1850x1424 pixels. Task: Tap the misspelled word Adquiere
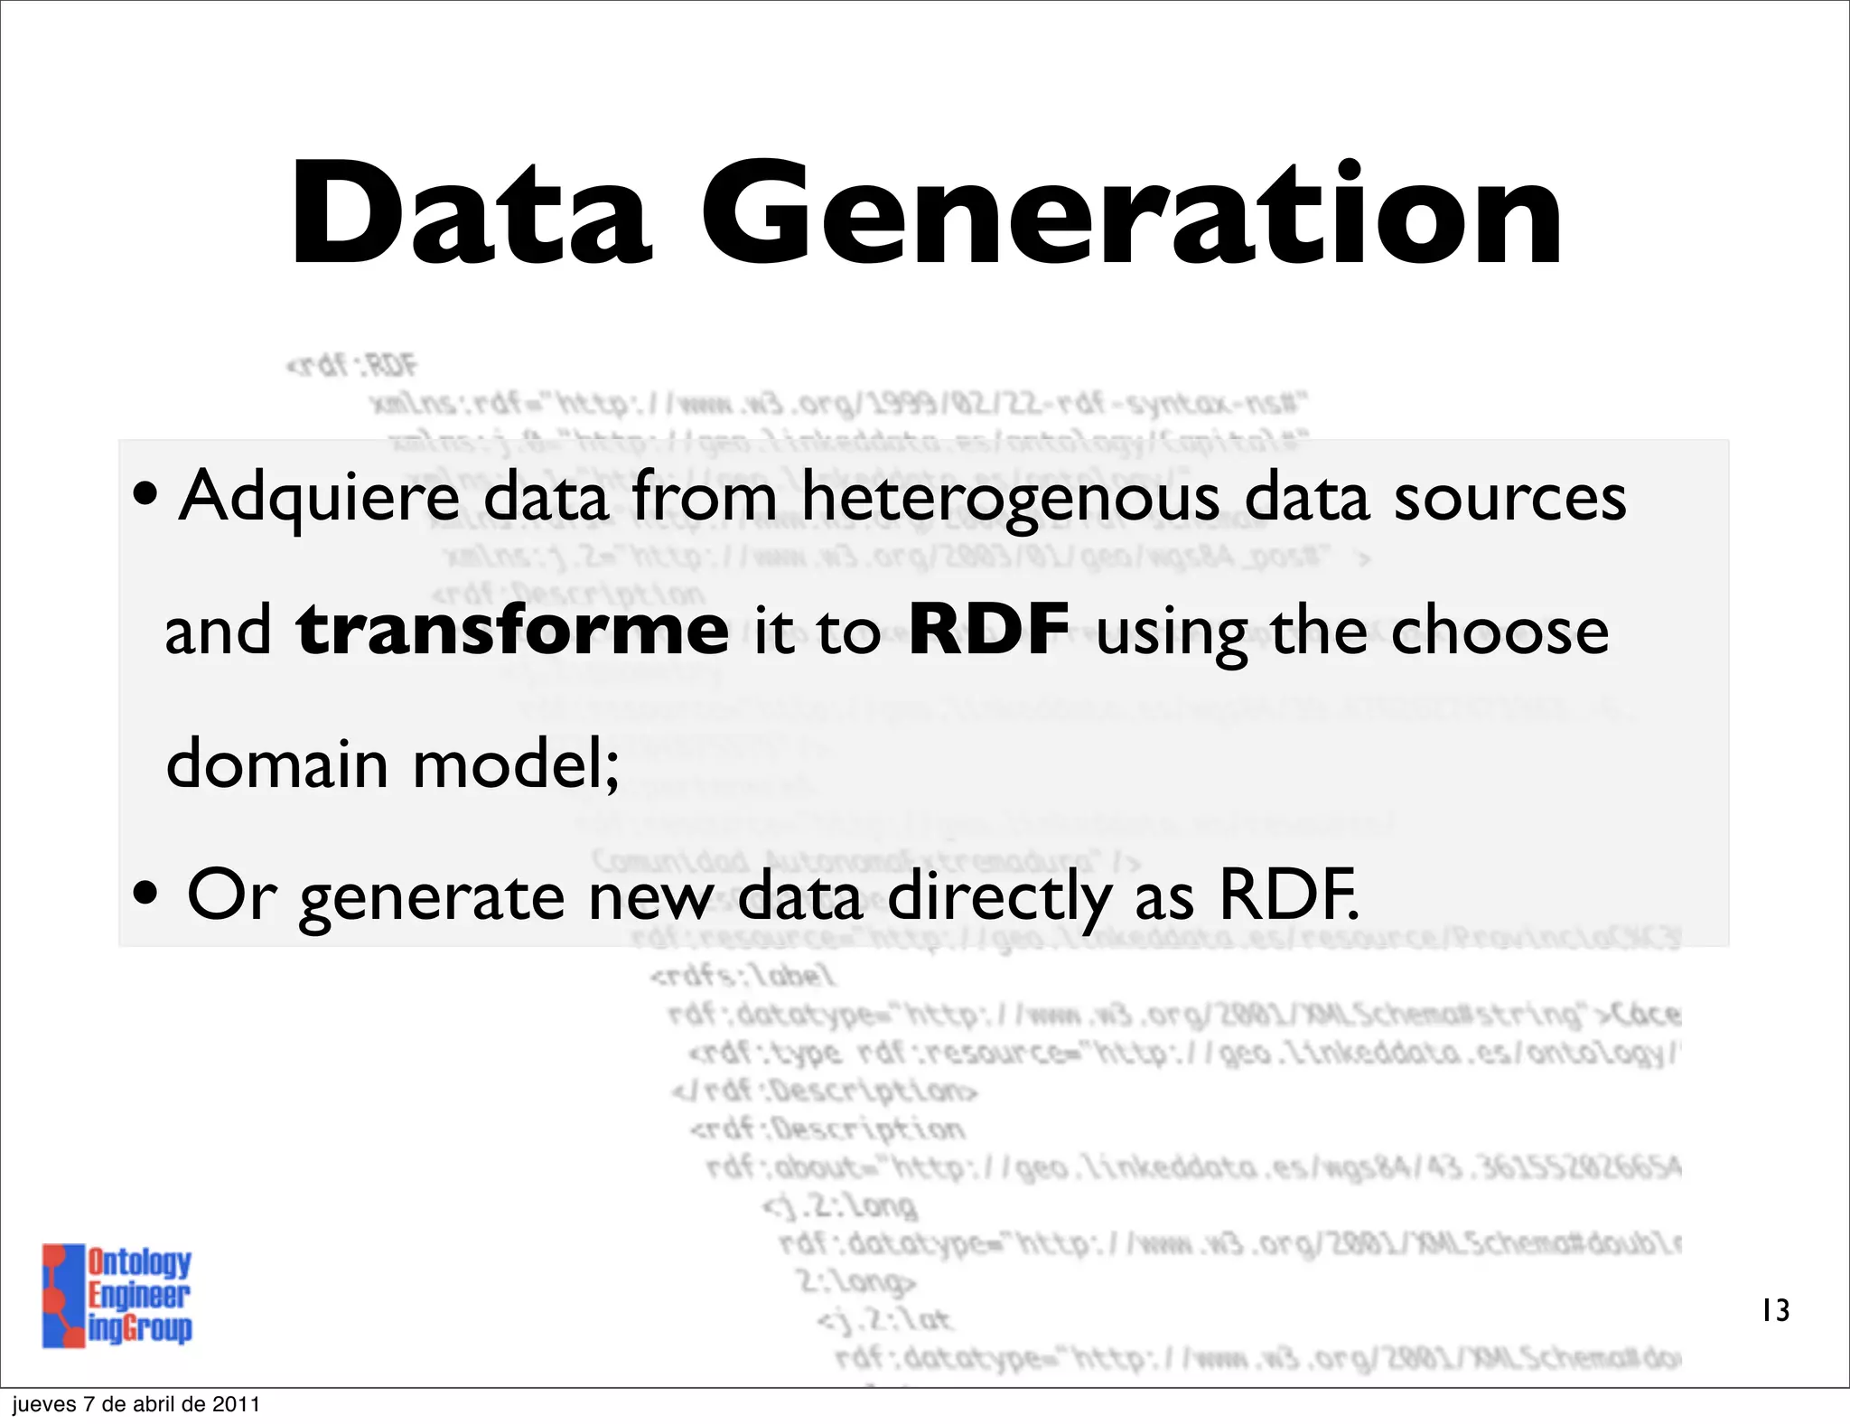319,498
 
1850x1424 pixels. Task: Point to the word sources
1509,498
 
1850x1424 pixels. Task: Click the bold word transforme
512,630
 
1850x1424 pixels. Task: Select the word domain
276,763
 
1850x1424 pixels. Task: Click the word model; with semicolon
516,763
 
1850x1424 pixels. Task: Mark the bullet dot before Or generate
145,895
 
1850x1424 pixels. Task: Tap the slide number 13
1775,1310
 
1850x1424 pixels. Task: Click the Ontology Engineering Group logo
117,1296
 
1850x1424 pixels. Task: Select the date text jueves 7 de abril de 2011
135,1404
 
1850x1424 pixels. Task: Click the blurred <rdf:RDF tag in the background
351,365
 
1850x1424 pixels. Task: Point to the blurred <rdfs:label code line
743,976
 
